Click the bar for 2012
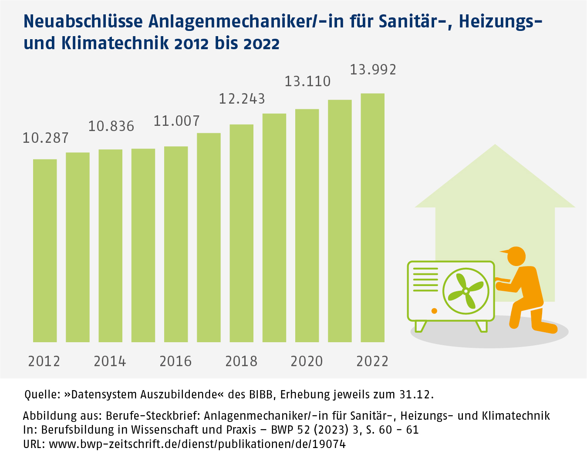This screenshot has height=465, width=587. pos(45,250)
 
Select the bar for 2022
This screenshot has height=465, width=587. pos(372,218)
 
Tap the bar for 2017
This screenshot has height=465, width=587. pos(209,237)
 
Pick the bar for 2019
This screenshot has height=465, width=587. pos(274,228)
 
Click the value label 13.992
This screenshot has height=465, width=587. pos(373,70)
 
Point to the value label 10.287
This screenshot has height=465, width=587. pos(46,138)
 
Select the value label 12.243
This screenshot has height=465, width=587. pos(242,99)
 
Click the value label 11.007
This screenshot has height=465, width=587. pos(176,121)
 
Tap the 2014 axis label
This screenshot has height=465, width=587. pos(110,361)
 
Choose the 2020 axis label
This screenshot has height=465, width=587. pos(307,361)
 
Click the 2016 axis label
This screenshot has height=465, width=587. pos(175,361)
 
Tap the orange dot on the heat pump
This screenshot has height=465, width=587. pos(434,310)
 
